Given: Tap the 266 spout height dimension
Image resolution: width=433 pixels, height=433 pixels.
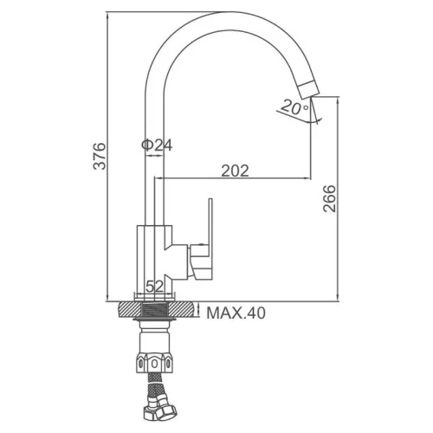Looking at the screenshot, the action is coord(329,198).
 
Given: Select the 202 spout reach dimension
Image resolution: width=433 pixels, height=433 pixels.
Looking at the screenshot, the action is coord(235,171).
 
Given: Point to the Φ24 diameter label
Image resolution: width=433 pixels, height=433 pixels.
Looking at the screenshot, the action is coord(157,145).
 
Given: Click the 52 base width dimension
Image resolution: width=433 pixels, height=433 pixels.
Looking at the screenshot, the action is coord(155,287).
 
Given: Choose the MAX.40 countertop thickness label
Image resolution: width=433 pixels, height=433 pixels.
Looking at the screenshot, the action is coord(236,313).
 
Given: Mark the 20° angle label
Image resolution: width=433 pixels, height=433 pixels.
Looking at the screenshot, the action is coord(294,107).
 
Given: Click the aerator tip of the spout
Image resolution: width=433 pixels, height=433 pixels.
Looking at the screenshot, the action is coord(308,88).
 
